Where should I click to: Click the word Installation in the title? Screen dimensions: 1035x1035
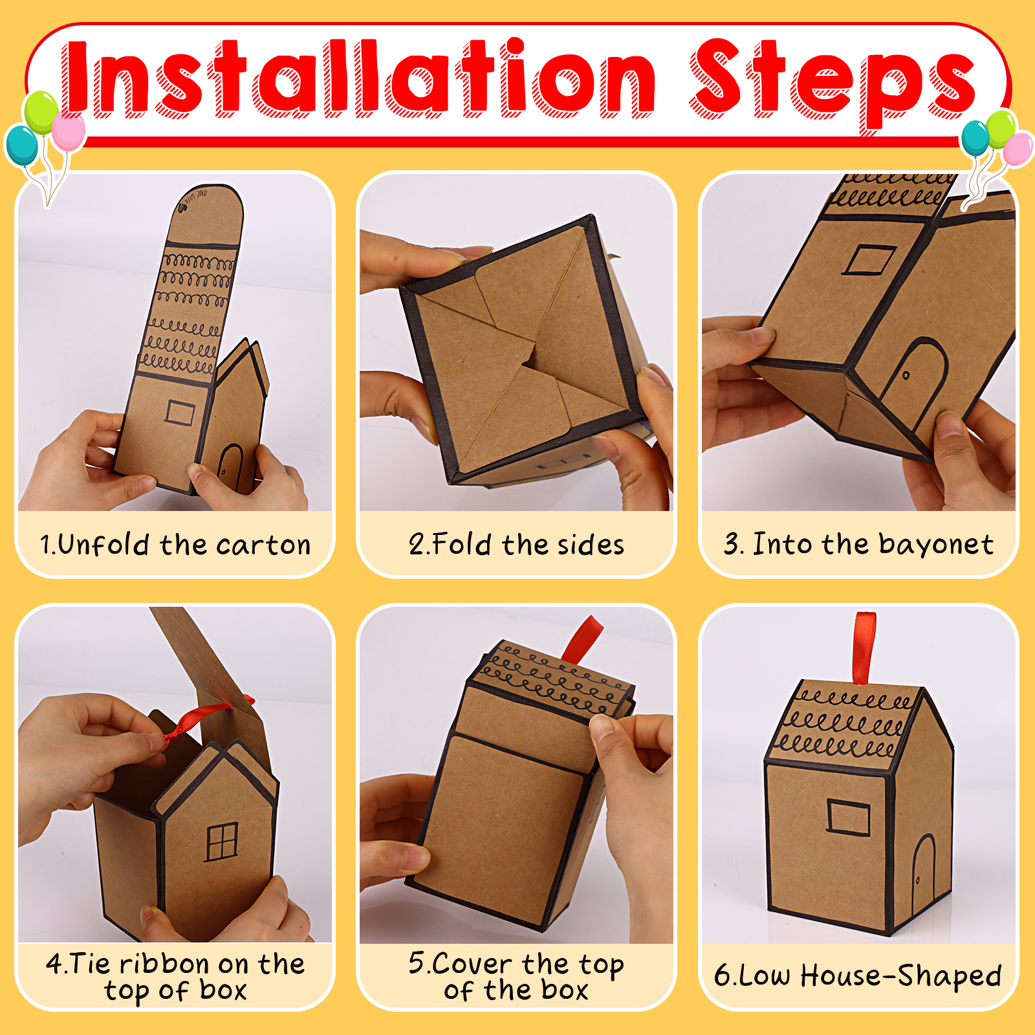360,79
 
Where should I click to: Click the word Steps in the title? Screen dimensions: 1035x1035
833,84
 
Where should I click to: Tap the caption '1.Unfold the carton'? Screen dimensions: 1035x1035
175,545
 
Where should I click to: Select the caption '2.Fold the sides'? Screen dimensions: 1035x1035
516,545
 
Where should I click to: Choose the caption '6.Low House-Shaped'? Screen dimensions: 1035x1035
858,975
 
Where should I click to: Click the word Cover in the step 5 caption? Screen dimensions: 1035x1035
473,964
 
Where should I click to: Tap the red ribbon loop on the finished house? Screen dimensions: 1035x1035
864,648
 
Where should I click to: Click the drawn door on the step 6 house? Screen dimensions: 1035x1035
924,870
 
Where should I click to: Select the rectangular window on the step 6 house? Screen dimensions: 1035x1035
848,818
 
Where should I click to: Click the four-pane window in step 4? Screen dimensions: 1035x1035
222,842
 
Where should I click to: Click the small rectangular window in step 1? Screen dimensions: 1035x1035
180,412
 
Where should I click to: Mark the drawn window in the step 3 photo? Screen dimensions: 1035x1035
868,259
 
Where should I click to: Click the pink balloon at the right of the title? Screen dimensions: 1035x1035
1018,149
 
